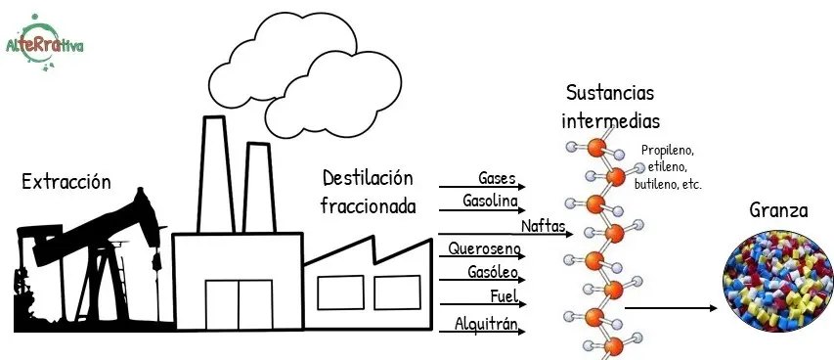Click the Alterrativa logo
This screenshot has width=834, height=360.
[45, 43]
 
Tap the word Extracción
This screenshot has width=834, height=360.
[66, 182]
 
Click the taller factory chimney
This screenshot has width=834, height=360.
[215, 175]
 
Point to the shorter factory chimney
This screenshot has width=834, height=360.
[259, 188]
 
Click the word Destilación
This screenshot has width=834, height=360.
[368, 178]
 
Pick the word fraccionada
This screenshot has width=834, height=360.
[368, 206]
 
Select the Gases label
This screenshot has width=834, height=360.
[498, 178]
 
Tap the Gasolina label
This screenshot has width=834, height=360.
[491, 202]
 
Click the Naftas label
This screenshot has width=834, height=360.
[543, 226]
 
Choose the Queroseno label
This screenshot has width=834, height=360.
[485, 248]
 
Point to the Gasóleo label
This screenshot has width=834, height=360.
[493, 272]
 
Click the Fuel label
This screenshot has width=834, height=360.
[504, 296]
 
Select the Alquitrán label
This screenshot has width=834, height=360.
[486, 323]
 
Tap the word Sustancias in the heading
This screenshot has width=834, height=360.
[610, 93]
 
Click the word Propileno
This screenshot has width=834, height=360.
[668, 151]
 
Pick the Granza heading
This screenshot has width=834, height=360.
[778, 211]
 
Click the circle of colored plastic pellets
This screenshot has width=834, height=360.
[778, 281]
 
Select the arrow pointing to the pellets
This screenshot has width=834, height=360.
[672, 308]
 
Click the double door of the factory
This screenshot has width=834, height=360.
[239, 304]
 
